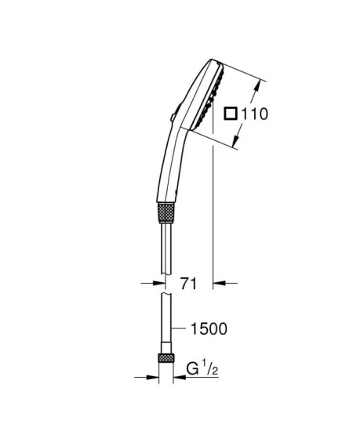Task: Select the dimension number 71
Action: coord(187,284)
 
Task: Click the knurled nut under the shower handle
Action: coord(165,214)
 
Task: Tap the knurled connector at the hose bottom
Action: coord(165,359)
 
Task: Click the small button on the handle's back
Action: coord(169,117)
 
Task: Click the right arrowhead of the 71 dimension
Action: coord(219,284)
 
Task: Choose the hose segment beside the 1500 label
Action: coord(165,325)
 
